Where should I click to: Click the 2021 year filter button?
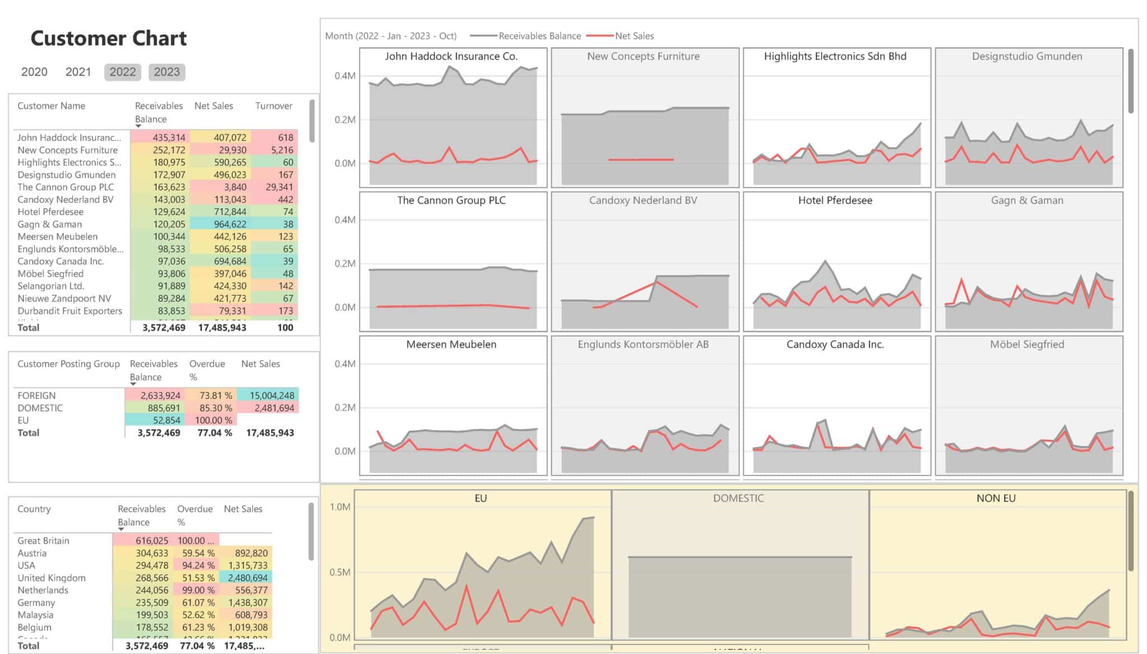(x=78, y=72)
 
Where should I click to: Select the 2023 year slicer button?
(x=167, y=72)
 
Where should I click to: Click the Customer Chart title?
(x=108, y=38)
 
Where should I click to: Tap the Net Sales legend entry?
(x=634, y=36)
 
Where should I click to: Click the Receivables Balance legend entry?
(x=539, y=36)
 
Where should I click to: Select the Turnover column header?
(x=273, y=106)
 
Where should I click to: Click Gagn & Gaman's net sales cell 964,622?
(x=230, y=224)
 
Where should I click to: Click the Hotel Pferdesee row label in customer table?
(x=50, y=212)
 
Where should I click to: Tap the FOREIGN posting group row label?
(x=36, y=395)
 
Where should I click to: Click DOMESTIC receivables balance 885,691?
(x=164, y=408)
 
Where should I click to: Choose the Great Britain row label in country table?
(x=43, y=540)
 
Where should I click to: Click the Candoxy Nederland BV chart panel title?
(x=643, y=200)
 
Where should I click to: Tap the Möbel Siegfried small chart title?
(x=1027, y=344)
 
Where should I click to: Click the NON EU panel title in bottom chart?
(x=996, y=498)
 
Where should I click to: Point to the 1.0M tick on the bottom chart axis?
(x=340, y=507)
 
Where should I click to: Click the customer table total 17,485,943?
(x=222, y=328)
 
